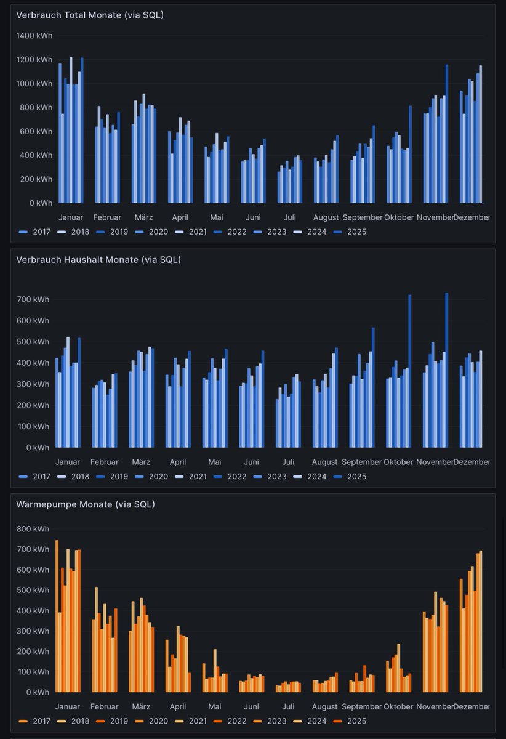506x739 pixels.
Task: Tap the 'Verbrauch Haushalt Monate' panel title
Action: (x=98, y=259)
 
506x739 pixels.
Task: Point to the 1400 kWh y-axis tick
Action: (x=34, y=36)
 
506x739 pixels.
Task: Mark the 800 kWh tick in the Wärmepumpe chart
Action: (x=34, y=528)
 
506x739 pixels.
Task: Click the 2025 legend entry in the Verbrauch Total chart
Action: (x=356, y=232)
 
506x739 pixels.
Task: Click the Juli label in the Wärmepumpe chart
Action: (x=289, y=706)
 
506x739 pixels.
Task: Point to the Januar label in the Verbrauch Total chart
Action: (x=71, y=217)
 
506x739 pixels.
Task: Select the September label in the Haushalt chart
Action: (x=362, y=462)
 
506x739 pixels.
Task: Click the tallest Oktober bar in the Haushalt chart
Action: (x=410, y=369)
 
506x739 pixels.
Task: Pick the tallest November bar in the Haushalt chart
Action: (x=447, y=369)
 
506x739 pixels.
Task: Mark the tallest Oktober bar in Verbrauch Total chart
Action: (x=411, y=154)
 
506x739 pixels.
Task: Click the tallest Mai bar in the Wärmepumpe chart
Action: (x=215, y=671)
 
